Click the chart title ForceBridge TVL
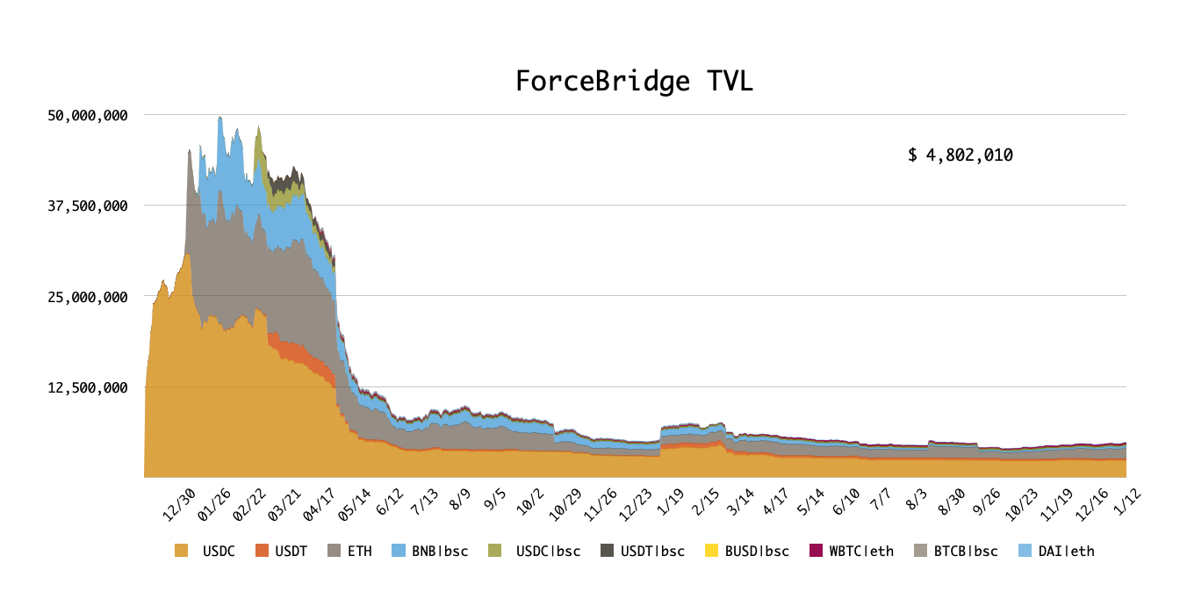(x=634, y=82)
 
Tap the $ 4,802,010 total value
(x=961, y=155)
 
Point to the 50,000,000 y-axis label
(x=88, y=115)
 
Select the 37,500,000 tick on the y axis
(x=88, y=206)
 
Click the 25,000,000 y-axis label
(x=88, y=298)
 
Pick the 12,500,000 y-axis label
(x=88, y=388)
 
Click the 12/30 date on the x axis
(x=179, y=505)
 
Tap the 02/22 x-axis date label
(x=249, y=505)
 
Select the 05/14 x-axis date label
(x=355, y=505)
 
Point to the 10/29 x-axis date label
(x=565, y=505)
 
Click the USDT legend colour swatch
(x=262, y=551)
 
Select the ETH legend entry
(x=349, y=551)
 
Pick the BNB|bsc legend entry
(x=430, y=551)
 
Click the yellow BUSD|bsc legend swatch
(x=711, y=551)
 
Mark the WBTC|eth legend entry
(x=852, y=551)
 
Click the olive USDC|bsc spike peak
(x=258, y=126)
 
